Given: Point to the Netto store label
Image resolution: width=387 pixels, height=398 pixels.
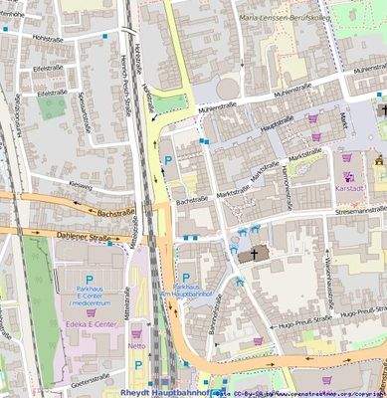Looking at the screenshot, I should coord(137,347).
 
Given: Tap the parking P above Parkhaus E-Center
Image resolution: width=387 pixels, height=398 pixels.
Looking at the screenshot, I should coord(89,281).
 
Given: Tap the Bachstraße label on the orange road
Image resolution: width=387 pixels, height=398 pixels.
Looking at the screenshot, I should coord(114,212).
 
